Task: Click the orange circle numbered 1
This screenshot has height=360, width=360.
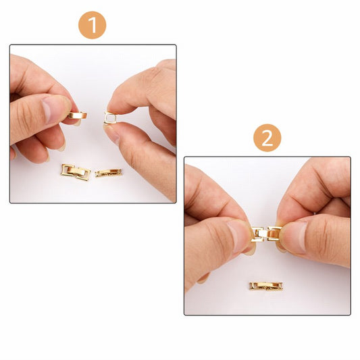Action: tap(92, 25)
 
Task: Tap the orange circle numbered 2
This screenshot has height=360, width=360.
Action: tap(267, 138)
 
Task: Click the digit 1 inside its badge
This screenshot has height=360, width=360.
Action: tap(92, 25)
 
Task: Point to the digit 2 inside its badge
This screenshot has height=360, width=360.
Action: tap(267, 138)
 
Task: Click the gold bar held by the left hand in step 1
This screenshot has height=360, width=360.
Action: tap(75, 115)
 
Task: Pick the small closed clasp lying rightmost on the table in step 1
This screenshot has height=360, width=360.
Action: tap(108, 172)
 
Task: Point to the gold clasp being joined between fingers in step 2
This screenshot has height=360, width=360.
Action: tap(265, 234)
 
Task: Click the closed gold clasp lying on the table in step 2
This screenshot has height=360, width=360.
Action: tap(266, 286)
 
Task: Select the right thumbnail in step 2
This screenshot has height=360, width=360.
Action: tap(292, 238)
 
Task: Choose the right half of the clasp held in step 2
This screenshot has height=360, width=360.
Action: tap(273, 234)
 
